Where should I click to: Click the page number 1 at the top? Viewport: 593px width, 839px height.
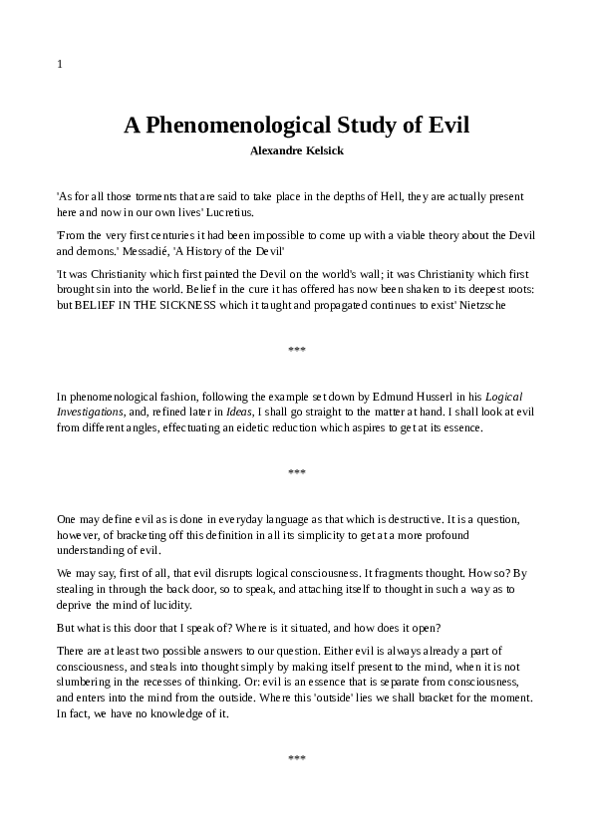(60, 65)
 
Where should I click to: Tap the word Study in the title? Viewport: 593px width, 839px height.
(367, 127)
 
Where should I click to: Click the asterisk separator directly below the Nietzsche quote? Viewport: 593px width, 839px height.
(296, 351)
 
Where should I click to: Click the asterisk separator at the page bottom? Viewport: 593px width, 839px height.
(296, 759)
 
